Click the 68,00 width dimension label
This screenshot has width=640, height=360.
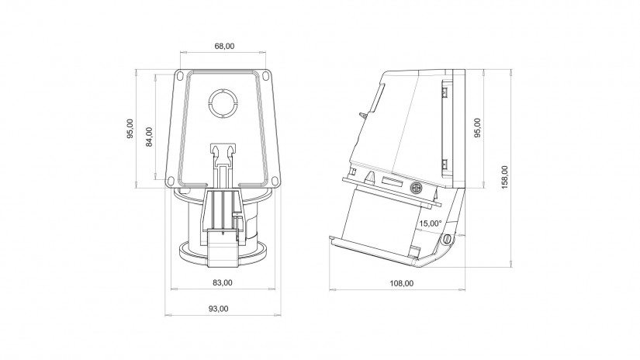(224, 47)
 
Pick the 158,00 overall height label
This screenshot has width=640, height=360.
(505, 178)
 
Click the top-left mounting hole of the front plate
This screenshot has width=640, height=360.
(180, 78)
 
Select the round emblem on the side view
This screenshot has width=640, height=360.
(415, 187)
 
